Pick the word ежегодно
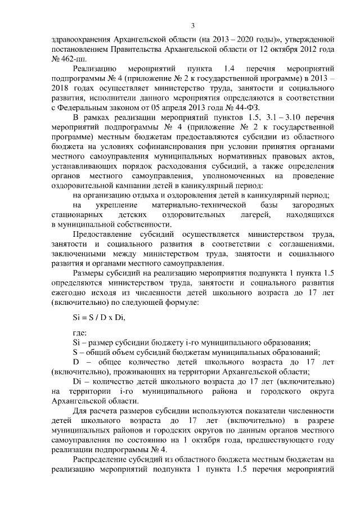coord(70,292)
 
